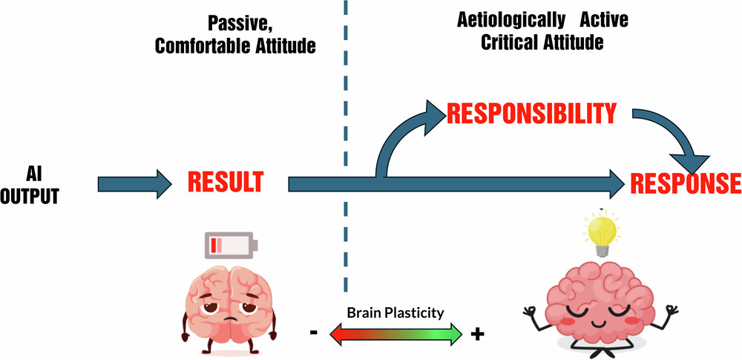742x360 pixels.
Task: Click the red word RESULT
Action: tap(225, 182)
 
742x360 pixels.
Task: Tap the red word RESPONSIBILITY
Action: tap(531, 114)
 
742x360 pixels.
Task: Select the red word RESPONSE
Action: tap(685, 183)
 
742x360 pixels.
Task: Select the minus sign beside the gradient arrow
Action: tap(315, 333)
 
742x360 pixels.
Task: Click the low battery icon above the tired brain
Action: tap(230, 244)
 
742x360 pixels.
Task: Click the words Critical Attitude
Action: tap(542, 43)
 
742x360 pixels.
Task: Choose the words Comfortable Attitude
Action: tap(235, 46)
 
